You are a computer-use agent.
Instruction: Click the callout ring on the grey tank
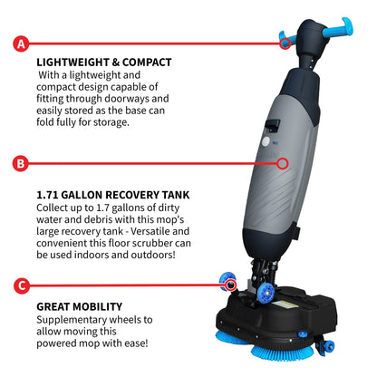[283, 164]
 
